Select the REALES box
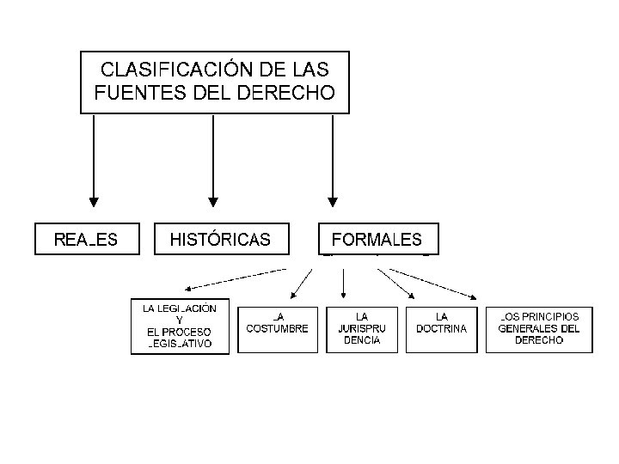pyautogui.click(x=86, y=239)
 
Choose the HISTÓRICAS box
pyautogui.click(x=220, y=239)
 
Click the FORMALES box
pyautogui.click(x=377, y=239)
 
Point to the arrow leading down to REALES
pyautogui.click(x=94, y=163)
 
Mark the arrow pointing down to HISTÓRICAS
pyautogui.click(x=213, y=163)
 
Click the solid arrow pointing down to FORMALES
pyautogui.click(x=332, y=163)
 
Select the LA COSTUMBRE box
pyautogui.click(x=277, y=329)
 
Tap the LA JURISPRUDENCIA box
pyautogui.click(x=361, y=329)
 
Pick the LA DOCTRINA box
pyautogui.click(x=442, y=329)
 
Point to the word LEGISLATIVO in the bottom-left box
pyautogui.click(x=180, y=344)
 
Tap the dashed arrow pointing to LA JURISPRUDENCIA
pyautogui.click(x=344, y=284)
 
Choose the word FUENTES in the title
pyautogui.click(x=130, y=90)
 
